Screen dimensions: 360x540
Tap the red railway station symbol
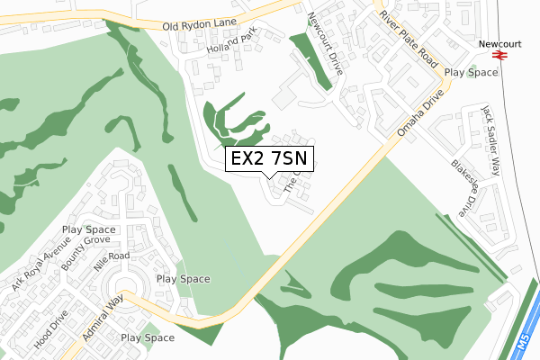tap(500, 55)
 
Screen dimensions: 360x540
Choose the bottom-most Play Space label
tap(148, 338)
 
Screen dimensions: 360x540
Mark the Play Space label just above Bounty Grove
tap(89, 230)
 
